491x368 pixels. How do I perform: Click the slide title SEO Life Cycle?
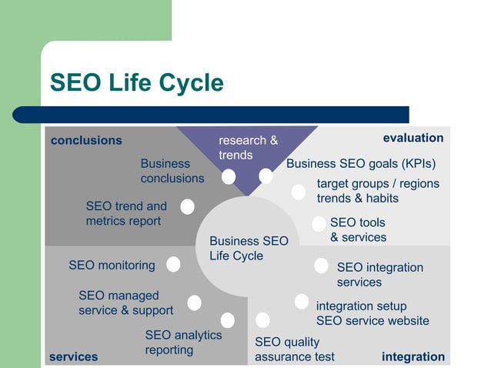point(136,83)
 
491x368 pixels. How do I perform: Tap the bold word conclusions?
point(86,140)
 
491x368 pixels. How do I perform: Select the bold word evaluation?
point(413,138)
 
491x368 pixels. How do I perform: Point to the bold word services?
point(74,356)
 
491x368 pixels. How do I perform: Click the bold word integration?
point(413,356)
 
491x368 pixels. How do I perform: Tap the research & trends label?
point(248,148)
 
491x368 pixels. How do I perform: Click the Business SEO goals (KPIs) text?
point(361,164)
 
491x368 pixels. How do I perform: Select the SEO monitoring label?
point(112,265)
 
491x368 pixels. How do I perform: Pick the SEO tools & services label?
point(358,230)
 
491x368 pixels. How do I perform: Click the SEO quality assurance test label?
point(295,349)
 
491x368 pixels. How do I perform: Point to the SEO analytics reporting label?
point(183,343)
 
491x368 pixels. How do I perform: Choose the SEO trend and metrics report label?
point(126,213)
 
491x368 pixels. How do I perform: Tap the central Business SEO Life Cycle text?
point(249,249)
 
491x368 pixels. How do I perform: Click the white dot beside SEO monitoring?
point(174,264)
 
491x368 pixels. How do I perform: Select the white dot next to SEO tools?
point(319,224)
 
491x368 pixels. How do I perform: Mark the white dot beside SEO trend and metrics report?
point(187,206)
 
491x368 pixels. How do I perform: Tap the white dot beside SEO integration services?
point(321,266)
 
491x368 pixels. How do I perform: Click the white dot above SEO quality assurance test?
point(262,319)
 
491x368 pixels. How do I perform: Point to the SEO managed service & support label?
point(125,303)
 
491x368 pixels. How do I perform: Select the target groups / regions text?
point(378,184)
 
